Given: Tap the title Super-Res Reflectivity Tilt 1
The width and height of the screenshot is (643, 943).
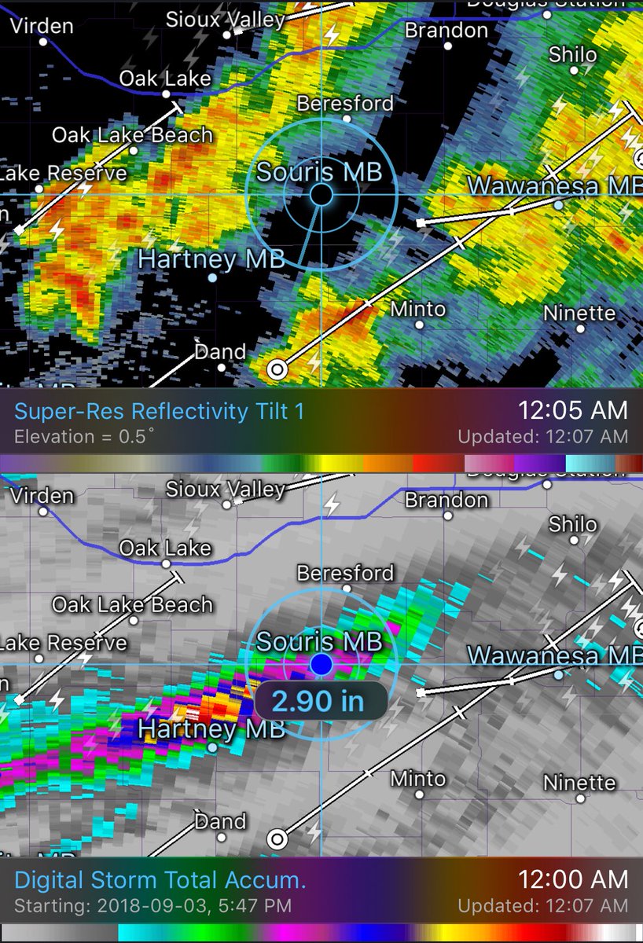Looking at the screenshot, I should tap(160, 411).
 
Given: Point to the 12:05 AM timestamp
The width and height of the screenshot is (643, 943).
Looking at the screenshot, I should tap(572, 410).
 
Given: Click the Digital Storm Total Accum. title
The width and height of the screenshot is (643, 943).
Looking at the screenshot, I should tap(160, 879).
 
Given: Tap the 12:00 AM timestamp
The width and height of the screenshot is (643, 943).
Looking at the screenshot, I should tap(572, 879).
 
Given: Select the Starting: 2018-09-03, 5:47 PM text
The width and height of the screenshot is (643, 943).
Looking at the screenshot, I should tap(152, 906).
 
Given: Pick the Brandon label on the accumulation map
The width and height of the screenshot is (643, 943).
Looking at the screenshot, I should tap(446, 500).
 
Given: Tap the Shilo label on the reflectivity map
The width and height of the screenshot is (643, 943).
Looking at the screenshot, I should tap(572, 55).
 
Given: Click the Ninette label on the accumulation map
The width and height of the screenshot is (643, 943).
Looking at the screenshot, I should tap(579, 783).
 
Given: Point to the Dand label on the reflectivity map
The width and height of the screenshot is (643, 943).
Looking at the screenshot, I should tap(220, 351).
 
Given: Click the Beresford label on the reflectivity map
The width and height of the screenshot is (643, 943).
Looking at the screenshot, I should tap(345, 103).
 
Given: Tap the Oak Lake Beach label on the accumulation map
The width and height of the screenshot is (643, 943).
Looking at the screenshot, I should tap(132, 604).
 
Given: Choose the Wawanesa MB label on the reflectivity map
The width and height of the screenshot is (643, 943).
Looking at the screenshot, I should tap(555, 186).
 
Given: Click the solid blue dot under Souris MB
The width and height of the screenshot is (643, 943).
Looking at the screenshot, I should tap(321, 665).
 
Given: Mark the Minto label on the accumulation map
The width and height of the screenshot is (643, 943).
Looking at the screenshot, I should tap(418, 779).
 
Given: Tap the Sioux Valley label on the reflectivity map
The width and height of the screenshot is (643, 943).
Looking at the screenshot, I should tap(226, 20).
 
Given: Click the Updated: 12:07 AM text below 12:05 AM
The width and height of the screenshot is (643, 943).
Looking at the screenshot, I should tap(543, 437).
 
